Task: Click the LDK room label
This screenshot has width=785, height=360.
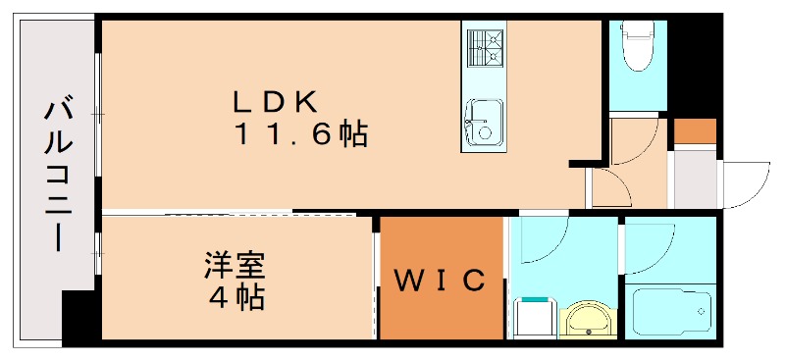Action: (274, 101)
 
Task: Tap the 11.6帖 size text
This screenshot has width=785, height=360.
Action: (299, 134)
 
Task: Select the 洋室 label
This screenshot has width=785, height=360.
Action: (235, 265)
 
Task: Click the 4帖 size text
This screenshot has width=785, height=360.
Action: (236, 296)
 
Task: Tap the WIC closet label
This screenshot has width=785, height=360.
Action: (441, 282)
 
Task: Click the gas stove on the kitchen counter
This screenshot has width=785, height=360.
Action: (483, 45)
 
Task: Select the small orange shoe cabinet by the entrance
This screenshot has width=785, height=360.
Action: (695, 130)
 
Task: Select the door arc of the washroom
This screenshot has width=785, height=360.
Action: (545, 241)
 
